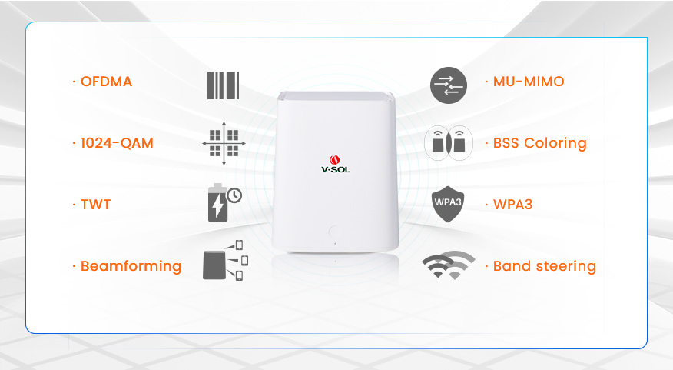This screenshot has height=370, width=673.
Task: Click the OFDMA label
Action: [x=106, y=82]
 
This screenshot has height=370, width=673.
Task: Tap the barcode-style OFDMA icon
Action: [x=224, y=85]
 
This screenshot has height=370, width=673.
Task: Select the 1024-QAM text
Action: [x=117, y=142]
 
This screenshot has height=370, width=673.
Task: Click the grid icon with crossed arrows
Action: [x=224, y=143]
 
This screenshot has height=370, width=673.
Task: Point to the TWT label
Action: [x=96, y=204]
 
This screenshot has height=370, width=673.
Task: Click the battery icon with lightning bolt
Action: [x=217, y=203]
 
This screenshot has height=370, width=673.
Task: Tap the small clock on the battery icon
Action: [x=234, y=195]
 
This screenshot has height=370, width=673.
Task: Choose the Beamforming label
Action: [x=131, y=266]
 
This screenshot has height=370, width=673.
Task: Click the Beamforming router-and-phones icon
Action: [x=225, y=261]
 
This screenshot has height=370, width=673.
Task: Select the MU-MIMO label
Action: [x=529, y=82]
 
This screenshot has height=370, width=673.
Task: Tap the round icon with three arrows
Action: [x=449, y=85]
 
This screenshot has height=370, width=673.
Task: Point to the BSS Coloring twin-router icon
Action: [x=449, y=143]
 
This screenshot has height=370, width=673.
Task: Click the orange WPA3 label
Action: [x=512, y=204]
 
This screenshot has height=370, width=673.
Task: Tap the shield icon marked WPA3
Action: [x=448, y=204]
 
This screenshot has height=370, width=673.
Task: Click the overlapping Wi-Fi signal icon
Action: [x=449, y=265]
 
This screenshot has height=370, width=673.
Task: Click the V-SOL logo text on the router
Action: [x=336, y=169]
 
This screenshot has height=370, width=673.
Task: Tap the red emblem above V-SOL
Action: [x=335, y=160]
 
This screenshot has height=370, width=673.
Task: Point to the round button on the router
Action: [x=335, y=232]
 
